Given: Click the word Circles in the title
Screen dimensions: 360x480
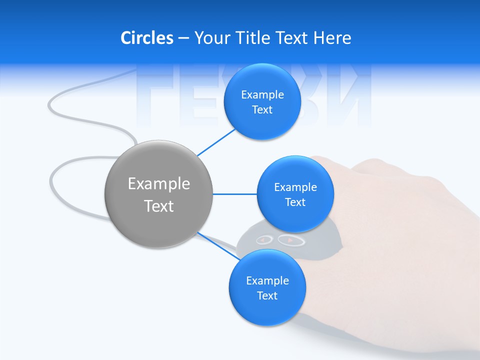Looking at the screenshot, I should point(147,38).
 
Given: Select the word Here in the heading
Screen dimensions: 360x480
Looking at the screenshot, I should point(332,38).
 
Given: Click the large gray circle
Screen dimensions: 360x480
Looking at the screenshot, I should point(158,220).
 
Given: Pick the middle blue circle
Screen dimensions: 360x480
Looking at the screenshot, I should point(295,217).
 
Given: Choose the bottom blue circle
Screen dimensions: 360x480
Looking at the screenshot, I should point(267,310).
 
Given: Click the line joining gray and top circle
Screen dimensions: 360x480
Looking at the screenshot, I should point(216,142).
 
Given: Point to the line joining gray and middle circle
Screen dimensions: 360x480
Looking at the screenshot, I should point(235,194).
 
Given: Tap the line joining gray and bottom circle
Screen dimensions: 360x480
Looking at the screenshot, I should point(215,245).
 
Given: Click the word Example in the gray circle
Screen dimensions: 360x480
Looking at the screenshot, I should point(158,184).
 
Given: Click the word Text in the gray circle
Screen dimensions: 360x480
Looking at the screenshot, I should point(158,206).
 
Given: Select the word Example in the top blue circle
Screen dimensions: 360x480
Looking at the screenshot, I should point(262,95).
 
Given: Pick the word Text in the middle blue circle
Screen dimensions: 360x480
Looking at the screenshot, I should point(295,202).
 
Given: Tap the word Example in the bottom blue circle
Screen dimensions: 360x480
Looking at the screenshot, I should point(267,281).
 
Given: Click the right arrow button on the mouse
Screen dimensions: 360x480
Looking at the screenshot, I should point(291,240).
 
